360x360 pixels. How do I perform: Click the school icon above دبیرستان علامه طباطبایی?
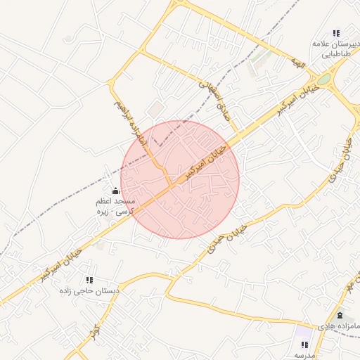[336, 33]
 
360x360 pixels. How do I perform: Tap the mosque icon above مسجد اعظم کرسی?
[115, 191]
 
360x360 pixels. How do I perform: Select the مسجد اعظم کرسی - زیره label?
[115, 205]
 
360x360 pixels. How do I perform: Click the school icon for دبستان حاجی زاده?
[89, 280]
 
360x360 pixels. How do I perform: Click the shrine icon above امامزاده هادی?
[340, 315]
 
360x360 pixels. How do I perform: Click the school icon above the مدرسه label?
[304, 345]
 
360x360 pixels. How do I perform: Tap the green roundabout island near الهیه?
[323, 79]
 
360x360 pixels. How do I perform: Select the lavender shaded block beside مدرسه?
[305, 332]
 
